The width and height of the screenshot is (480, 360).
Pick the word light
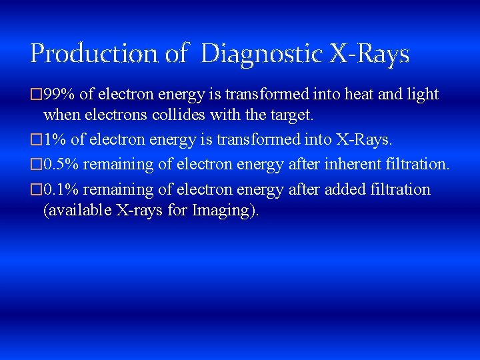[421, 95]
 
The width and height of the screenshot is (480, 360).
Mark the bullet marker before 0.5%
[36, 164]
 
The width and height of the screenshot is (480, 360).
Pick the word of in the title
[176, 53]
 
